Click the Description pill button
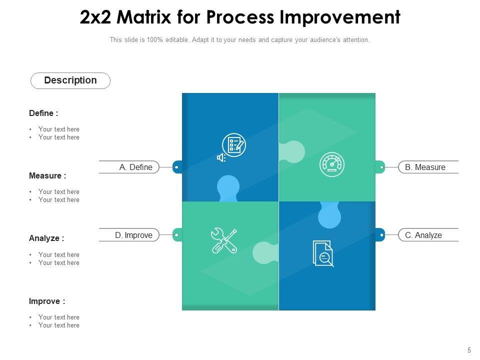click(70, 80)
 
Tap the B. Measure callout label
click(425, 167)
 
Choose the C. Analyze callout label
click(423, 235)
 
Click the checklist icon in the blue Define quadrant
click(234, 145)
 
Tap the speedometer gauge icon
click(332, 164)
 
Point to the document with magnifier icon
click(323, 253)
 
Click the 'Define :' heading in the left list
click(43, 113)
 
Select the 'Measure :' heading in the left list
click(47, 176)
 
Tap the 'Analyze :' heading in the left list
click(46, 238)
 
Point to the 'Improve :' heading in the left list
click(47, 301)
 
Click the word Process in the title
click(239, 17)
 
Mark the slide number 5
click(469, 350)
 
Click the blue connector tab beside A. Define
click(177, 167)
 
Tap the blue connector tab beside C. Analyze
click(380, 234)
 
